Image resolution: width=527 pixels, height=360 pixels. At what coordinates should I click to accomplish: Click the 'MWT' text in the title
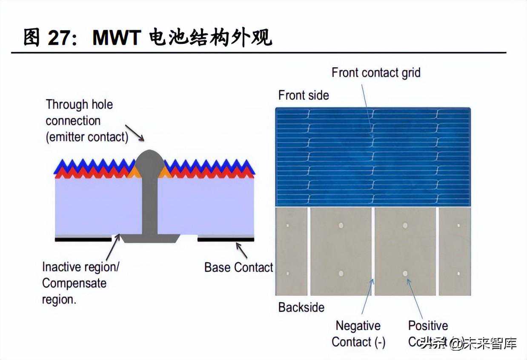tap(116, 38)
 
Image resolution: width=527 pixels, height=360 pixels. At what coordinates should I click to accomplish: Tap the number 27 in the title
tap(59, 38)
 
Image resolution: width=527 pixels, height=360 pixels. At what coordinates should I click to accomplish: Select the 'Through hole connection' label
tap(79, 112)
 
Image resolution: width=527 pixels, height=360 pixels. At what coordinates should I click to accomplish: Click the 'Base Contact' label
tap(238, 267)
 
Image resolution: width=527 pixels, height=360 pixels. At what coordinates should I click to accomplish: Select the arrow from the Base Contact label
tap(241, 251)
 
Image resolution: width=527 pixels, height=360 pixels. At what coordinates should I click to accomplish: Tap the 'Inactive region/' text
tap(80, 267)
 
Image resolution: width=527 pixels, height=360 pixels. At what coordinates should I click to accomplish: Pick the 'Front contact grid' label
tap(376, 72)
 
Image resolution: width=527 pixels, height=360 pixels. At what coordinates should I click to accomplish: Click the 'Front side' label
tap(304, 95)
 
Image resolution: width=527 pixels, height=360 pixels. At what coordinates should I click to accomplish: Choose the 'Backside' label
tap(301, 307)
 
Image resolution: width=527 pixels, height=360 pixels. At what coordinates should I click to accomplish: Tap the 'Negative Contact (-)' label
tap(358, 334)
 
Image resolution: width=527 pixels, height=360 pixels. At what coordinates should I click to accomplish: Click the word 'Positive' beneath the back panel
tap(428, 326)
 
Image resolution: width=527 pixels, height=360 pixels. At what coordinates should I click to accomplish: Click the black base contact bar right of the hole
tap(226, 240)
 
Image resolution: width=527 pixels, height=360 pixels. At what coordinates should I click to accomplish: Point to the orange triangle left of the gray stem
tap(133, 172)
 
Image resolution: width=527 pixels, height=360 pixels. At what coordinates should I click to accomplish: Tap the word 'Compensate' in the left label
tap(74, 283)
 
